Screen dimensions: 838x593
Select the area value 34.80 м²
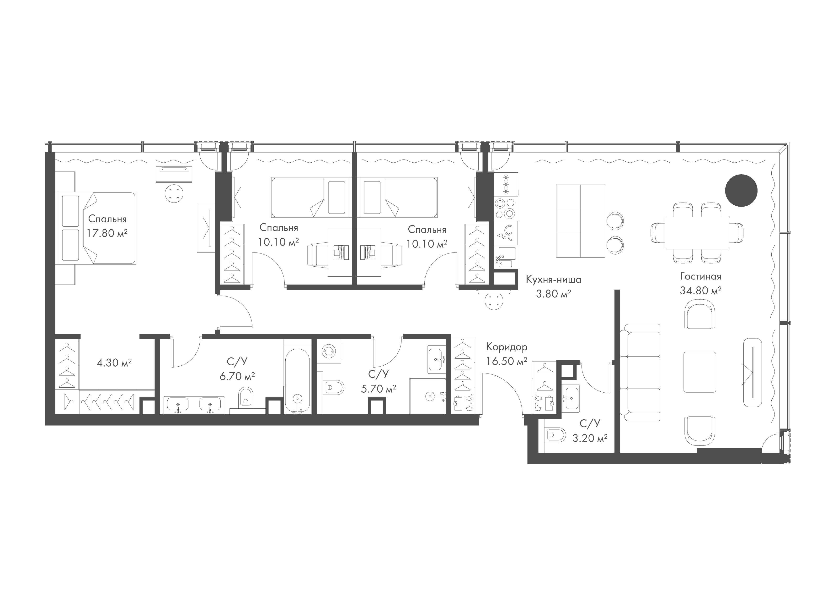(x=700, y=291)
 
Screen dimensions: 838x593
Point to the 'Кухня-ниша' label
(x=553, y=280)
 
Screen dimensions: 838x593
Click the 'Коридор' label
(x=506, y=347)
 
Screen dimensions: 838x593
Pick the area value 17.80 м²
(x=107, y=233)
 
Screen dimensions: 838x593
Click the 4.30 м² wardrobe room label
(x=114, y=363)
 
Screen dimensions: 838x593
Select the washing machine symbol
(x=328, y=351)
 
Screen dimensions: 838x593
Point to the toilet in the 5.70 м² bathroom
(x=334, y=388)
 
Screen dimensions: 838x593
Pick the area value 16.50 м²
(x=506, y=361)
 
